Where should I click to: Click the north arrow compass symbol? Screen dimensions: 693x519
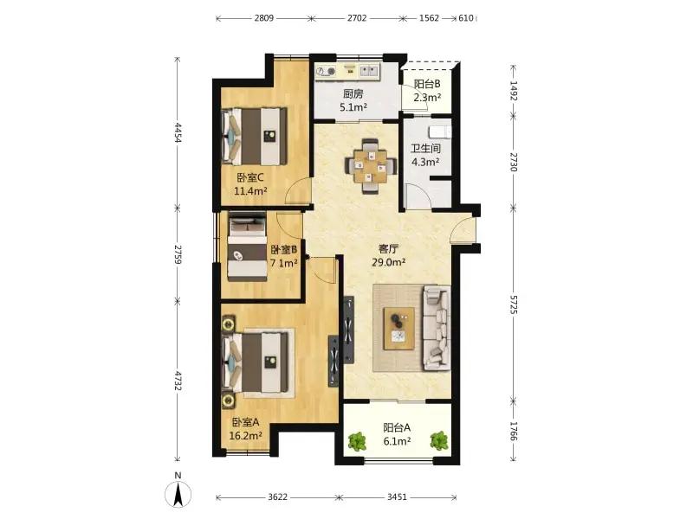tap(178, 494)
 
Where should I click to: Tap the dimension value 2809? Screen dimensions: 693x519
tap(264, 18)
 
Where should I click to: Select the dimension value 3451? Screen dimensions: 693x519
tap(397, 497)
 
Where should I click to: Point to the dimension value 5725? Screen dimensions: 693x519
tap(513, 304)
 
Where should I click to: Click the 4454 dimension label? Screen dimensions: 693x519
tap(178, 132)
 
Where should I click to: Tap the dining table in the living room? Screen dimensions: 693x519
tap(371, 166)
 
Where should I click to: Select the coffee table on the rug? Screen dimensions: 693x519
tap(399, 329)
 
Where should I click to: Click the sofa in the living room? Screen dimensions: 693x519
tap(437, 329)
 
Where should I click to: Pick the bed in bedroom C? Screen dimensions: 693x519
tap(254, 137)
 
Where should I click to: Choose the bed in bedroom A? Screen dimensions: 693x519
tap(256, 362)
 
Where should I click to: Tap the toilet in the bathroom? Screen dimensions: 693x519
tap(440, 131)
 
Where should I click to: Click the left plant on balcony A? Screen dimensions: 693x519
tap(357, 441)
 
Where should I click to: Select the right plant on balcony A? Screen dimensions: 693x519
tap(439, 441)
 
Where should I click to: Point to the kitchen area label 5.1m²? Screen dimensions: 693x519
tap(353, 107)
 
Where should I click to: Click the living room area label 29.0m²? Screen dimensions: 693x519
tap(389, 263)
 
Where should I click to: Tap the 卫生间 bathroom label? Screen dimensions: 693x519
tap(425, 149)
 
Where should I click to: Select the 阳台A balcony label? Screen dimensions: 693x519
tap(397, 427)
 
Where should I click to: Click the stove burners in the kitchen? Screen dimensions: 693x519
tap(326, 71)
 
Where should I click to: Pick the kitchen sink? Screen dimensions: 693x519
tap(369, 71)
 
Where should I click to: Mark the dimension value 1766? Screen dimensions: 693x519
tap(513, 431)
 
